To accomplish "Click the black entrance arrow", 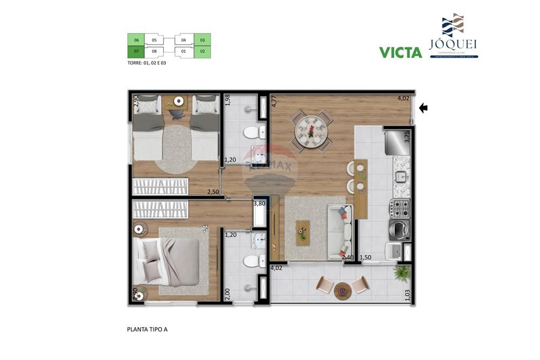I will click(x=423, y=108).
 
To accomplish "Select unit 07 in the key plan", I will click(x=136, y=52).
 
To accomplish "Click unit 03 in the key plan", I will click(x=202, y=40).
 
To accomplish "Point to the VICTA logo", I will click(x=400, y=52).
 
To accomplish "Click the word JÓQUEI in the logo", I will click(x=453, y=44).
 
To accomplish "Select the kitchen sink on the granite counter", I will click(x=400, y=176).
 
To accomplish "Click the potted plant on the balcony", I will click(x=402, y=274).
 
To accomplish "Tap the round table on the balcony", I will click(x=342, y=291).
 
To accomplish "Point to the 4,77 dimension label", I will click(x=274, y=101).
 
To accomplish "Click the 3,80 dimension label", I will click(x=259, y=203).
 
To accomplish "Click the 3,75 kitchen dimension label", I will click(x=407, y=137).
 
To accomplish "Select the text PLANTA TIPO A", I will click(x=147, y=329).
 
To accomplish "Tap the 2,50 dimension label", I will click(x=213, y=192).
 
